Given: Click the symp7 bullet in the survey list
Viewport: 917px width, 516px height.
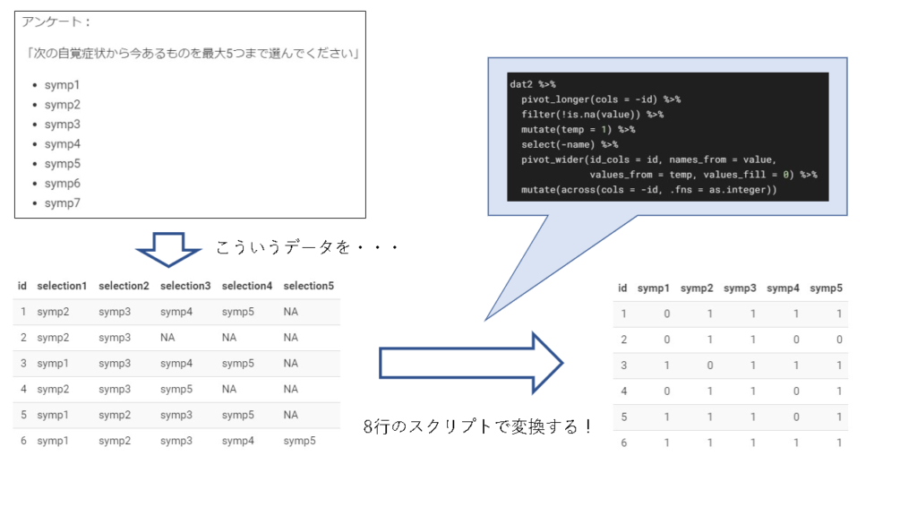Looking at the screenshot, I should (x=62, y=203).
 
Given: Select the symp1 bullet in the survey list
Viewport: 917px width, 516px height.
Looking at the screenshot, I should (x=62, y=85).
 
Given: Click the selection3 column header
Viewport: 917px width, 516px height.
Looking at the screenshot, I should (x=185, y=286).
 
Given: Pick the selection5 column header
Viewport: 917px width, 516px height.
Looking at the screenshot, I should (x=308, y=286).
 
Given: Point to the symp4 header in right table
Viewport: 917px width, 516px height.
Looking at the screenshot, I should (x=783, y=288).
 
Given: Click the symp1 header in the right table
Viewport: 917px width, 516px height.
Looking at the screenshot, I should (x=654, y=288).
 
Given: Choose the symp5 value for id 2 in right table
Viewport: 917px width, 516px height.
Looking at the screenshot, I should (x=839, y=340).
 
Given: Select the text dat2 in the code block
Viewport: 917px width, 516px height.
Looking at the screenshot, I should (x=521, y=83).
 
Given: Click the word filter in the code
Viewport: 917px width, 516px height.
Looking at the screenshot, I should (x=537, y=115).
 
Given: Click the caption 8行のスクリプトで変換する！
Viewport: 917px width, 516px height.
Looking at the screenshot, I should (x=478, y=426).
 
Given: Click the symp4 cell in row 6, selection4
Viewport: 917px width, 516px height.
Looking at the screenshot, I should (x=237, y=441).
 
